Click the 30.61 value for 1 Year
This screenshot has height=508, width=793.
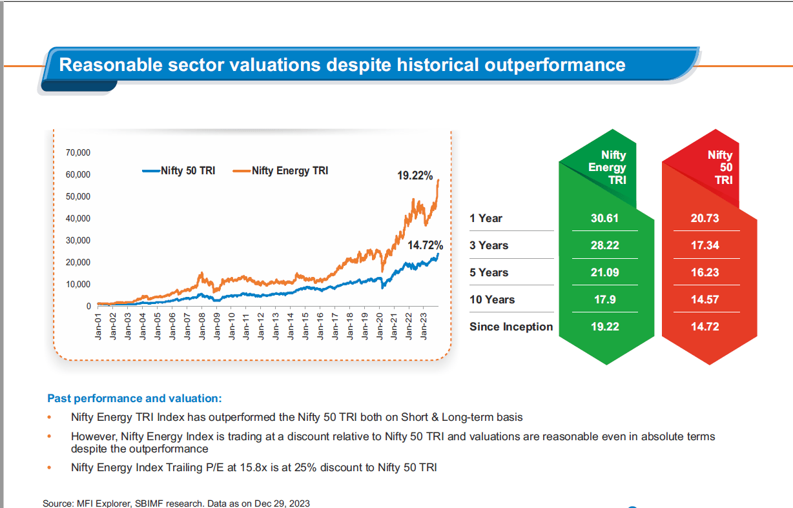point(604,218)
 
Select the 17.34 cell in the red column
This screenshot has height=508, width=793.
point(705,245)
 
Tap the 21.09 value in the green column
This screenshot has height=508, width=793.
point(604,272)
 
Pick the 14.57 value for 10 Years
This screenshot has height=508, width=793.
point(705,300)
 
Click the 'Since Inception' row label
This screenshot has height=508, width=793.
point(511,327)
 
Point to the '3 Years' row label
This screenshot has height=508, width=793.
point(489,245)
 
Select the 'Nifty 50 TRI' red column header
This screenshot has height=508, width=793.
point(719,168)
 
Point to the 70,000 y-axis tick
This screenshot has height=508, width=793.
point(77,152)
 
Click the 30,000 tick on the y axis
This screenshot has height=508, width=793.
point(77,240)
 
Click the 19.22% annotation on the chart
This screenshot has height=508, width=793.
point(415,176)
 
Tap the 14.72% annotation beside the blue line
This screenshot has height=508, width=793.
point(425,246)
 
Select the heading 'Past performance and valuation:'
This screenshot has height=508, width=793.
point(134,398)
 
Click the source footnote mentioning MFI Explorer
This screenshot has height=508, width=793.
point(180,503)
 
